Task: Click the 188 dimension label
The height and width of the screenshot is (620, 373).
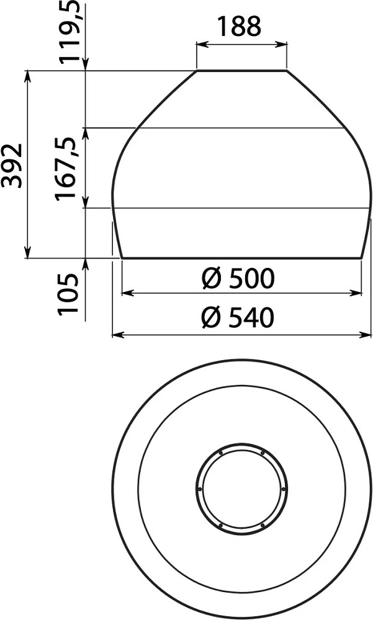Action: (239, 26)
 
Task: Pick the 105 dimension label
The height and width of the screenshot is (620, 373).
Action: (70, 293)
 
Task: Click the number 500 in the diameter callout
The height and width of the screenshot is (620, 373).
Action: (251, 279)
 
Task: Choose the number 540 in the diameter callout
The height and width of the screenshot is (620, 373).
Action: (251, 318)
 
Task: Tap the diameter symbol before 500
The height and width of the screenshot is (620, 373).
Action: (211, 280)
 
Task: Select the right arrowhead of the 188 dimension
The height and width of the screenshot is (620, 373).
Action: (285, 43)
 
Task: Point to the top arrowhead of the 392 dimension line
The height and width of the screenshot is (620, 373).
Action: (28, 74)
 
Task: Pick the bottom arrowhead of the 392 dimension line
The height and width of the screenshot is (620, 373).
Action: (28, 254)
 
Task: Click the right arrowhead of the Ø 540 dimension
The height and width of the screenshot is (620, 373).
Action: (368, 335)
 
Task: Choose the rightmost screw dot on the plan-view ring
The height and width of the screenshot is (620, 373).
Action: (284, 489)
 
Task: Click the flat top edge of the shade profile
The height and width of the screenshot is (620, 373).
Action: (241, 71)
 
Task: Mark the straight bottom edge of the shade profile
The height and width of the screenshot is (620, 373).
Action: (241, 257)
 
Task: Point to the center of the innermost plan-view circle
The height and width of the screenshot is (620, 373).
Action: (241, 489)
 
